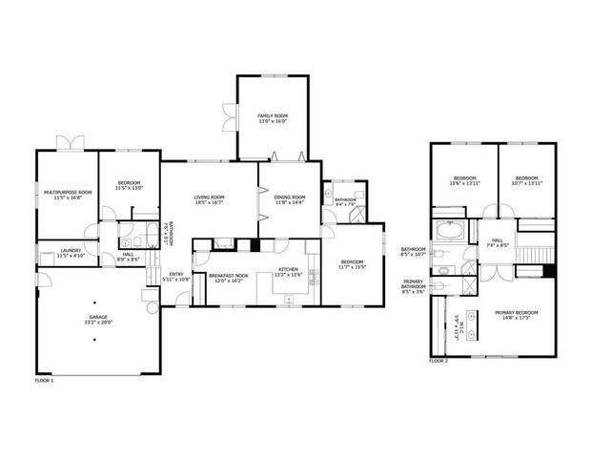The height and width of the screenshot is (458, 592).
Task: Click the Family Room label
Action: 272,115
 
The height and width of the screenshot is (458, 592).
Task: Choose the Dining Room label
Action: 289,196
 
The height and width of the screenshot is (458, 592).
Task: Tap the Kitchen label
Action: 288,270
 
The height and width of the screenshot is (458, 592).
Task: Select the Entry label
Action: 176,275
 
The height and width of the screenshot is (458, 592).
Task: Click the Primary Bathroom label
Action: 413,283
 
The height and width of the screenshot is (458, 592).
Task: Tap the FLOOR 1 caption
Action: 45,380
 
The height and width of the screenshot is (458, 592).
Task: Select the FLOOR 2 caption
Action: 438,361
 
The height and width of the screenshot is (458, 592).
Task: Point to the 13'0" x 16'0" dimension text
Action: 272,121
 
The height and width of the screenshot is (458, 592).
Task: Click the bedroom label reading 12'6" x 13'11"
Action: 464,178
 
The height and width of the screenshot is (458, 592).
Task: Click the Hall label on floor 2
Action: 497,240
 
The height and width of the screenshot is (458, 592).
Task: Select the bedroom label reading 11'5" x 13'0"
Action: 130,183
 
